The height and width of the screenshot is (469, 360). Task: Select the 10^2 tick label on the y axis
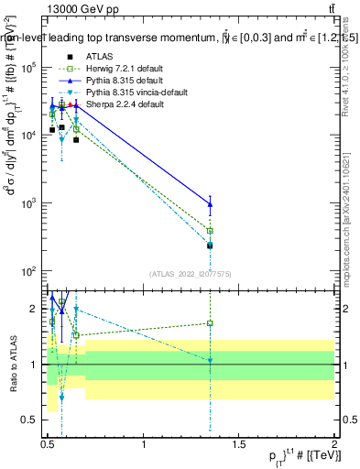click(x=30, y=271)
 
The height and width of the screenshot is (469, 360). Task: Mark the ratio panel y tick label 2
click(x=33, y=309)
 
